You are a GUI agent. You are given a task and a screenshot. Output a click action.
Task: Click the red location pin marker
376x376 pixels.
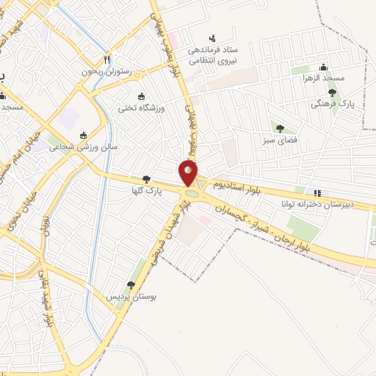[188, 174]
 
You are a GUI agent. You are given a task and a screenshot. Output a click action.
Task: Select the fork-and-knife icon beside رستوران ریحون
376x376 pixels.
[107, 59]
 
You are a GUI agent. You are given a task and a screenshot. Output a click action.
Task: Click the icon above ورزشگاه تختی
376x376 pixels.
[142, 96]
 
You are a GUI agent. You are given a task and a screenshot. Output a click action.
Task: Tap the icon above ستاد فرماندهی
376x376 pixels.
[212, 37]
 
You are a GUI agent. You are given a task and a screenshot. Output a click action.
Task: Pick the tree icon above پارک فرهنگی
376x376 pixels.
[333, 93]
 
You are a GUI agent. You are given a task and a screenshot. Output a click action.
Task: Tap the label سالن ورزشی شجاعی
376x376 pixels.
[83, 147]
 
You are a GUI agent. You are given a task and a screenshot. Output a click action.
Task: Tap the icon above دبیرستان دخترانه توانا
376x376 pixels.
[317, 193]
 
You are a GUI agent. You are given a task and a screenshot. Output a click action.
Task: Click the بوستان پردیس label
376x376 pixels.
[129, 297]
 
